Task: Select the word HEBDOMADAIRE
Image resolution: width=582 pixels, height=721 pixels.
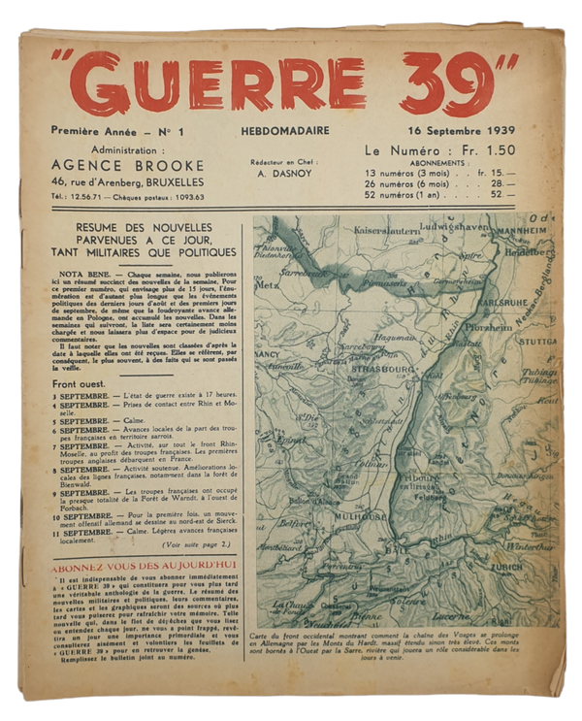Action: point(281,131)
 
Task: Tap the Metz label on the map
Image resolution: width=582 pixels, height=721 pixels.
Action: point(266,285)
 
